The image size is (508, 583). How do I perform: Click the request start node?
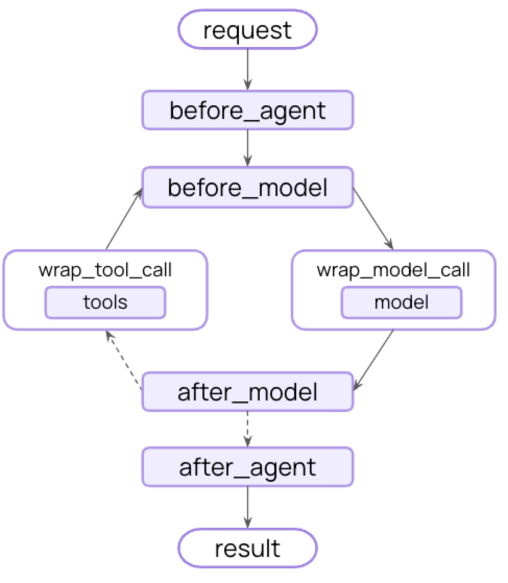[248, 30]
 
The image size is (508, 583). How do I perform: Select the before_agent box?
[248, 111]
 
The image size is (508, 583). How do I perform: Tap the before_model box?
[248, 187]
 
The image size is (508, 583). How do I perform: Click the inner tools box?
[105, 302]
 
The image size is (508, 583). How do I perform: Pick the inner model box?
[402, 302]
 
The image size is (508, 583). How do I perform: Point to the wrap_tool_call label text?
[105, 270]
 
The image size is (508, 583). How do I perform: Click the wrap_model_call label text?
[394, 270]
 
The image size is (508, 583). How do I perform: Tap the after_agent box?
[248, 467]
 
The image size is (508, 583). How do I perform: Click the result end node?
[248, 549]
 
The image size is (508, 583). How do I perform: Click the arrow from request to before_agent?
[248, 68]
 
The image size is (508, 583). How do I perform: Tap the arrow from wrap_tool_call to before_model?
[124, 219]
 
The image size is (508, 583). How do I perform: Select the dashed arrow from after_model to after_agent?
[248, 428]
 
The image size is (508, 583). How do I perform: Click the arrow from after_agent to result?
[248, 506]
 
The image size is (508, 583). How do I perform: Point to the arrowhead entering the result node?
[248, 523]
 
